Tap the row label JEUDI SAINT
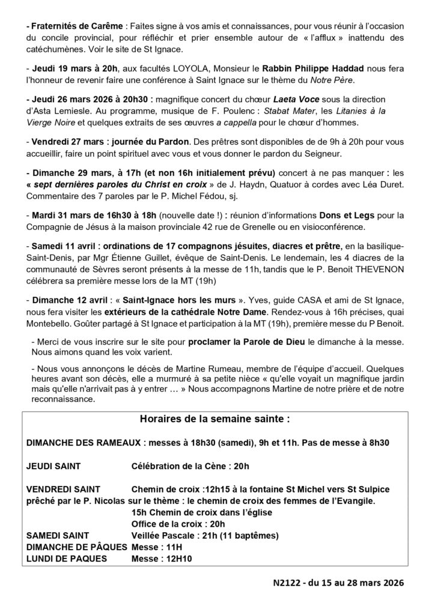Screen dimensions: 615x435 (53, 465)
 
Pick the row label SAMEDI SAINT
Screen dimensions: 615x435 (58, 535)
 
